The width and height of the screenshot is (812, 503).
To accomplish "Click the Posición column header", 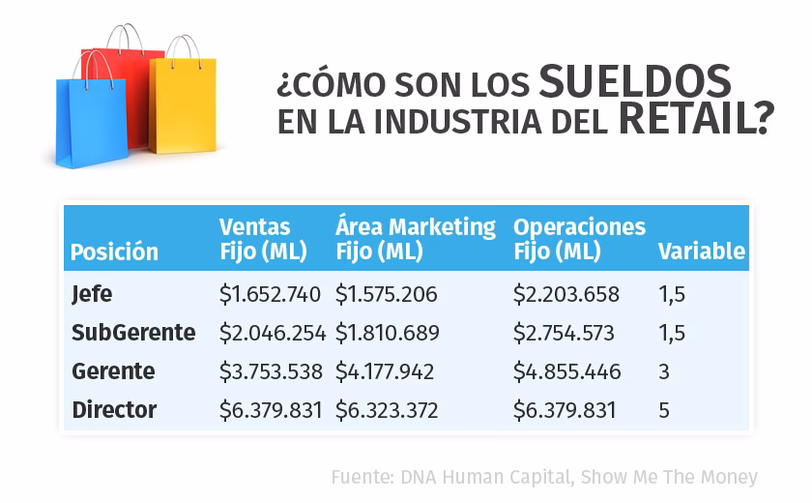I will point(114,252).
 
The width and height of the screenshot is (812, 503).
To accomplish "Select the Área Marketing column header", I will point(415,239).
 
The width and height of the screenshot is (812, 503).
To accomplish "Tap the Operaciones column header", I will point(579,239).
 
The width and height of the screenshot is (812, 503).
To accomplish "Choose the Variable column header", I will point(702,251).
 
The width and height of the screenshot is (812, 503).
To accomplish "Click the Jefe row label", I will point(93,293).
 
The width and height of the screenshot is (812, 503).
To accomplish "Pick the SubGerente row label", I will point(133,333).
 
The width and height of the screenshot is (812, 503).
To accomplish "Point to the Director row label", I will point(114,410).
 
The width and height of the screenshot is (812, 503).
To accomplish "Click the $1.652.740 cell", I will point(270,294).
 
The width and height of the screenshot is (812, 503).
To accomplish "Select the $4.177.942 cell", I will point(385,371).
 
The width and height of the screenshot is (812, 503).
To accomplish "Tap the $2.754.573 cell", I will point(564,333).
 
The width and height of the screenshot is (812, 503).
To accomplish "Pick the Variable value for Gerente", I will point(664,371).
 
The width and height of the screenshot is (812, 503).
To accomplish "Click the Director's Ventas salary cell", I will point(271,410).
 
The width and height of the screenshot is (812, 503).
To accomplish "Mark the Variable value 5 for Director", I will point(664,410).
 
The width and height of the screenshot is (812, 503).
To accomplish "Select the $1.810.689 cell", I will point(387,333).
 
